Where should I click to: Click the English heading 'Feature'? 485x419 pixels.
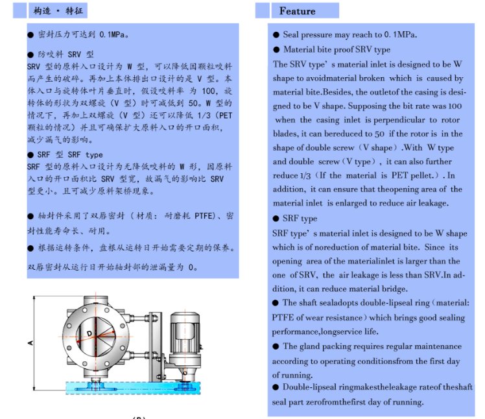pyautogui.click(x=297, y=11)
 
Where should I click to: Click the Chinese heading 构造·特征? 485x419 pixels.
pyautogui.click(x=59, y=11)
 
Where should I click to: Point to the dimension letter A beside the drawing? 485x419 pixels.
pyautogui.click(x=30, y=342)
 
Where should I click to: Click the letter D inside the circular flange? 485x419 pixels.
pyautogui.click(x=87, y=333)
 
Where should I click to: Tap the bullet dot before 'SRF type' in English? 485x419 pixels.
pyautogui.click(x=276, y=219)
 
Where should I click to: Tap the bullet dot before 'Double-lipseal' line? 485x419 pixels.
pyautogui.click(x=276, y=387)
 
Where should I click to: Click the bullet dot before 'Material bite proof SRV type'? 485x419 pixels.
pyautogui.click(x=276, y=49)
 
